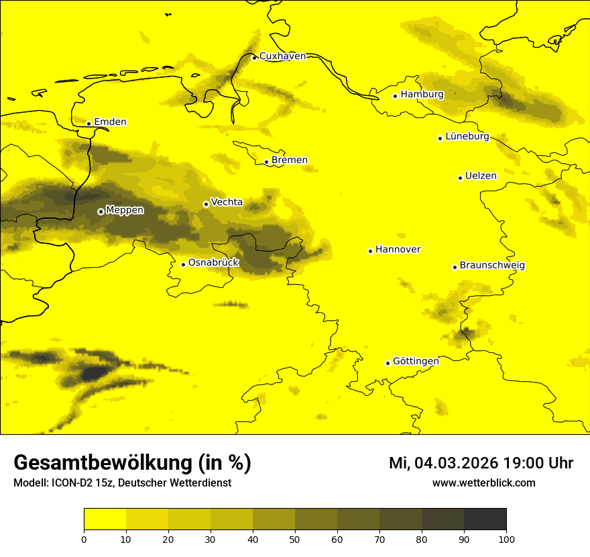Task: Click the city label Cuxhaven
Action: (282, 56)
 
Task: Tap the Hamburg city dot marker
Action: (395, 96)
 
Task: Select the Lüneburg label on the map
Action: (467, 136)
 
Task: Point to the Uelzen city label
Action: (481, 176)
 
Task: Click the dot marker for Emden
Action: (88, 123)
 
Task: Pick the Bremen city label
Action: (290, 160)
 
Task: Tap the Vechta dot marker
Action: (206, 204)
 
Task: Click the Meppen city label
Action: (125, 210)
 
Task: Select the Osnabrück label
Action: (213, 262)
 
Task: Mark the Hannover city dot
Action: (370, 251)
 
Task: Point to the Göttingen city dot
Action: (388, 363)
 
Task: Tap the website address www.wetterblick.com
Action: (484, 483)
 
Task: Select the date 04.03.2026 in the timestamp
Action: (456, 463)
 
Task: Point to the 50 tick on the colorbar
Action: (295, 538)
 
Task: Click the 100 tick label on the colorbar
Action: (506, 538)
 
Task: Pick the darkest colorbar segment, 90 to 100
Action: (485, 519)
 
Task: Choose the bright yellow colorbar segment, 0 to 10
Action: (105, 519)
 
